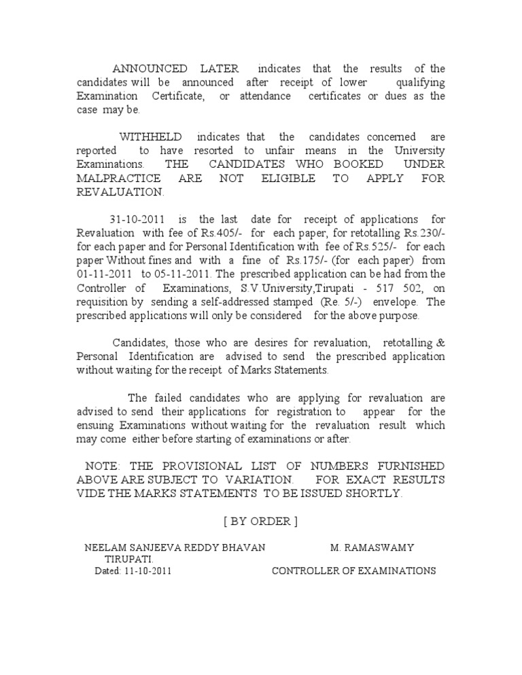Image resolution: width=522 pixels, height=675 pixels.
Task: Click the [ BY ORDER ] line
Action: pos(260,521)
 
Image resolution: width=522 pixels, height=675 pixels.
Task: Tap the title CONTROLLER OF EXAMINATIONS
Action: pos(353,571)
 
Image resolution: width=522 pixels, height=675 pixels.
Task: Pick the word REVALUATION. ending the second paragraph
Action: pos(120,191)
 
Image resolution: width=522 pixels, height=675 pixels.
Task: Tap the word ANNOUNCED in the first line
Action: pos(150,69)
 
